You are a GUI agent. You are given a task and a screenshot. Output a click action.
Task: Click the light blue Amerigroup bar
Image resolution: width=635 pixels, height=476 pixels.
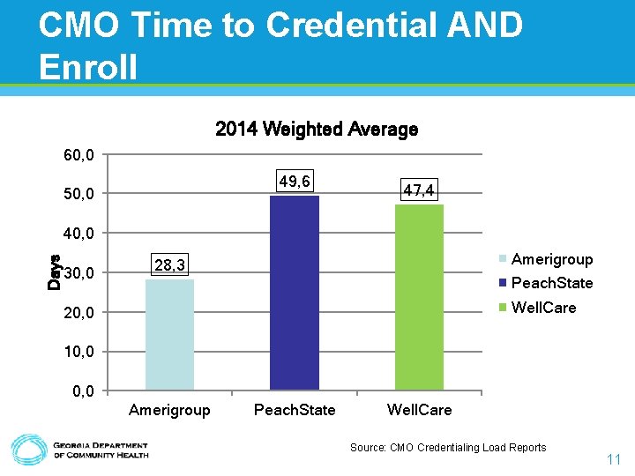[x=169, y=334]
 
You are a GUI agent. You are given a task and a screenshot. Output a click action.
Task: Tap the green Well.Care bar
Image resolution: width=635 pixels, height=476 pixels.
[x=419, y=297]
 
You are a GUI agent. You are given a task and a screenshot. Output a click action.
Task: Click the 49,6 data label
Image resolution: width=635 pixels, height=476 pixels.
[x=294, y=181]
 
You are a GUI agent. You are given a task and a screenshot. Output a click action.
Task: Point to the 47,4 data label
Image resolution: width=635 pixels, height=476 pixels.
[x=418, y=190]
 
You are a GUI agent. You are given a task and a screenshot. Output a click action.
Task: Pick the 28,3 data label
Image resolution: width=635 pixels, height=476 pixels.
[x=169, y=265]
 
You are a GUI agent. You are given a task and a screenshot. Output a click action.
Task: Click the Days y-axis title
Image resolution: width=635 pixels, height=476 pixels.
[x=55, y=271]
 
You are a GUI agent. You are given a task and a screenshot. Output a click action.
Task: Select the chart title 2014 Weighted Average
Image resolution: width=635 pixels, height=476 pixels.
[x=317, y=130]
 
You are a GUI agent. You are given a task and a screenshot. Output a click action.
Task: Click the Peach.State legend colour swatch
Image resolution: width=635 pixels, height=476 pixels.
[x=504, y=283]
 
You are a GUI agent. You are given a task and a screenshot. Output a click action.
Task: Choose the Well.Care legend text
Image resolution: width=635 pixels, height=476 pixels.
[x=543, y=308]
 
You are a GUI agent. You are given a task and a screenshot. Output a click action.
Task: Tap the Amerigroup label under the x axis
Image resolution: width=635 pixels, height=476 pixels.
[x=169, y=410]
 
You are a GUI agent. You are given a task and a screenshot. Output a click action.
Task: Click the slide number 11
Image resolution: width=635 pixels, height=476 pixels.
[x=614, y=459]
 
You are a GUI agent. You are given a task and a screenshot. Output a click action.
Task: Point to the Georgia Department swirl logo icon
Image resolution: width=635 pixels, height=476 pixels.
[x=28, y=450]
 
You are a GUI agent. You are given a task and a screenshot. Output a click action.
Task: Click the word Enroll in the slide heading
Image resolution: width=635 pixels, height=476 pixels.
[x=88, y=65]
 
